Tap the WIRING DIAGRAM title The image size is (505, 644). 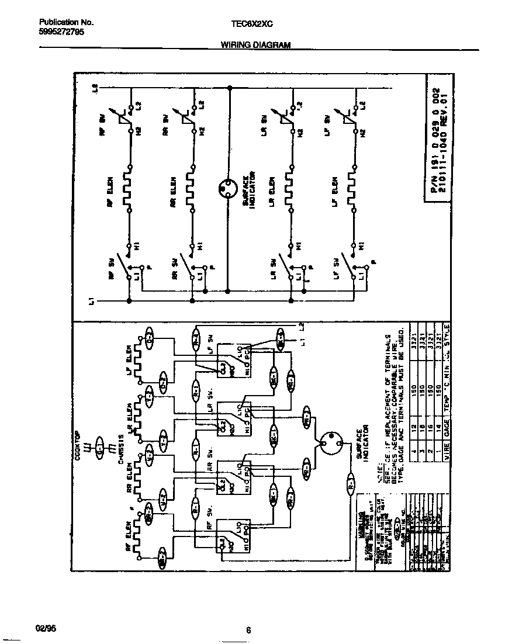pyautogui.click(x=255, y=45)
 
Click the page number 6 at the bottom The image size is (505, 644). pyautogui.click(x=248, y=630)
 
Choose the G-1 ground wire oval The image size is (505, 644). pyautogui.click(x=100, y=451)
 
